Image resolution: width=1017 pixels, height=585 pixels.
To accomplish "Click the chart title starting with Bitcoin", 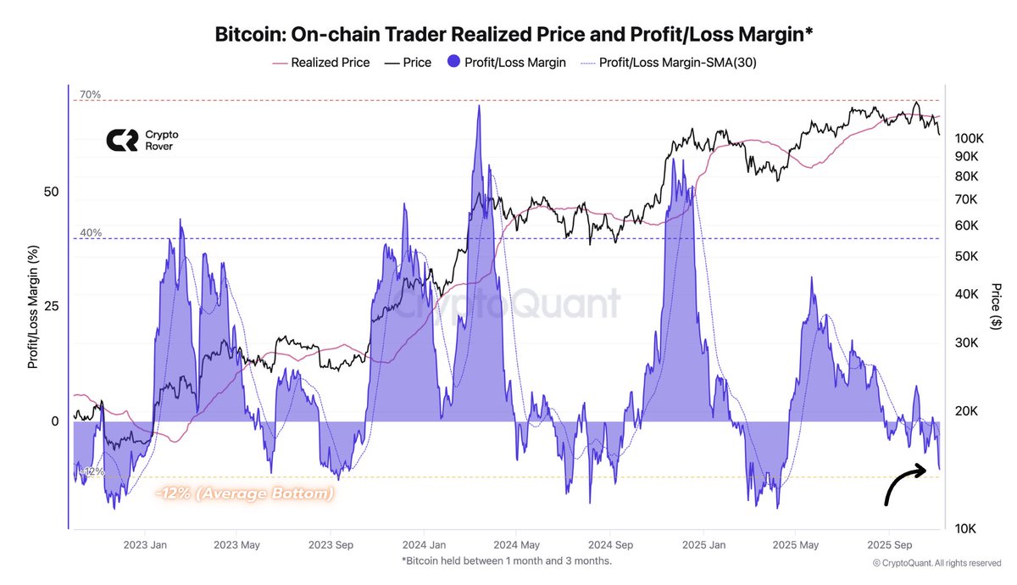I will coord(508,35).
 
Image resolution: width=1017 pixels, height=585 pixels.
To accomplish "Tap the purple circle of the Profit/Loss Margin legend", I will coord(453,62).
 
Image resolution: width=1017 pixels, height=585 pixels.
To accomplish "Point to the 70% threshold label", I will coord(91,95).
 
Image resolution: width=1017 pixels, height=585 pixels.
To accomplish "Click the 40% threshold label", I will coord(91,232).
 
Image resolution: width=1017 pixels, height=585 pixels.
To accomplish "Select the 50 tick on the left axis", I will coord(51,192).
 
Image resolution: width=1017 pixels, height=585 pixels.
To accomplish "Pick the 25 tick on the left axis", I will coord(51,306).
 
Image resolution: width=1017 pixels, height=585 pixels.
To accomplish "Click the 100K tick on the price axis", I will coord(969,137).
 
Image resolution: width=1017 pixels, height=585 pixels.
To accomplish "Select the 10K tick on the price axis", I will coord(969,528).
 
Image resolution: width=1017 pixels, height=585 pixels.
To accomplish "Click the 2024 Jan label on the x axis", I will coord(424,545).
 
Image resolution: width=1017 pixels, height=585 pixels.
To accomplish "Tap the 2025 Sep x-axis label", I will coord(892,545).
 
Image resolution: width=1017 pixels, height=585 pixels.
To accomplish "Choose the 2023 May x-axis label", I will coord(236,545).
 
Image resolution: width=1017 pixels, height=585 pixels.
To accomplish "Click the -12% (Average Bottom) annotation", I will coord(244,493).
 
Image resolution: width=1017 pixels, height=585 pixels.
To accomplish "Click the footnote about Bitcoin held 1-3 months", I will coord(507,561).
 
